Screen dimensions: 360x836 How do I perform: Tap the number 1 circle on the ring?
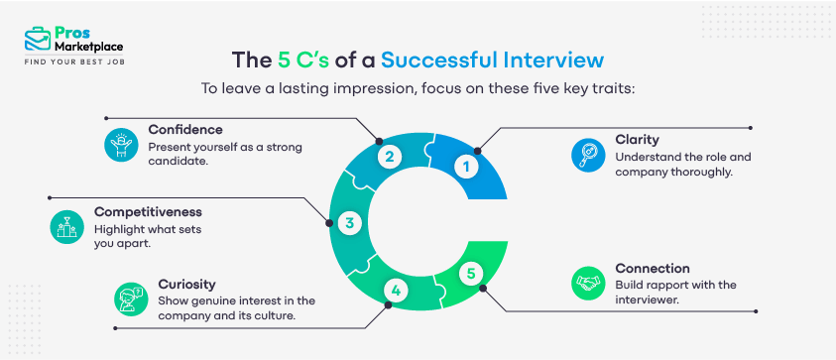(465, 168)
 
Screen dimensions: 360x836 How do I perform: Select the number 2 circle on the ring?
(391, 156)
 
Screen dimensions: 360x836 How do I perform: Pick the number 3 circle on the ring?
(349, 223)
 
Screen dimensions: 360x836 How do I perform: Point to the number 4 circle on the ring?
(396, 291)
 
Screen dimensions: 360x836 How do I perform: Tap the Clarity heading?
(637, 140)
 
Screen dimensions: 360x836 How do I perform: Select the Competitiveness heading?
(150, 211)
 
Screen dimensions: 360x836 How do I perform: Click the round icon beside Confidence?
(120, 145)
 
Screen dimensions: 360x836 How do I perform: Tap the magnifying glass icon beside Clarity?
(588, 155)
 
